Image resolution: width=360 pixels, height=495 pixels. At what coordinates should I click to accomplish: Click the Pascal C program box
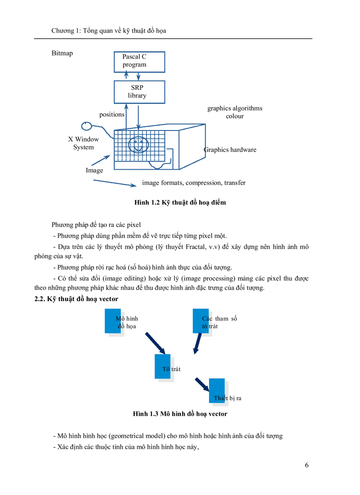[x=139, y=61]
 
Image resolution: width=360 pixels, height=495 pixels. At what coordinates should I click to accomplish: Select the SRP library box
[x=139, y=92]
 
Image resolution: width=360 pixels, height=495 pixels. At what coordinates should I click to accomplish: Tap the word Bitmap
[x=62, y=53]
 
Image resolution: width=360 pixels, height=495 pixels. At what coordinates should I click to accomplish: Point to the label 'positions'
[x=112, y=115]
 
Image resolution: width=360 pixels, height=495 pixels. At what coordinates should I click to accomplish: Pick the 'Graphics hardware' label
[x=230, y=150]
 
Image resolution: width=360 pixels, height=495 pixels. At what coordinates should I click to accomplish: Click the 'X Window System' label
[x=83, y=143]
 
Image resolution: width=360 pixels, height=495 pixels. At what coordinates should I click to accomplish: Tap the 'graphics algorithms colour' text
[x=235, y=112]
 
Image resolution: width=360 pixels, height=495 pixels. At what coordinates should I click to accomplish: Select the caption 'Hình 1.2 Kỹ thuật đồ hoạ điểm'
[x=180, y=203]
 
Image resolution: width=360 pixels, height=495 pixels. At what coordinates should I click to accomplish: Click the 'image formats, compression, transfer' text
[x=194, y=182]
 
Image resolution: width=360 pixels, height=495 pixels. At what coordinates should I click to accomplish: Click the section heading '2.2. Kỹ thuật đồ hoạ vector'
[x=76, y=299]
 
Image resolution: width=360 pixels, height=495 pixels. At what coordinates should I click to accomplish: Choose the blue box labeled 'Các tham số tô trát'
[x=201, y=321]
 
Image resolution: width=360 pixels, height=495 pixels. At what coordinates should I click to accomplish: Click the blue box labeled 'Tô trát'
[x=162, y=366]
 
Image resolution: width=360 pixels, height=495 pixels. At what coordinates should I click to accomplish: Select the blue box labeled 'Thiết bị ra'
[x=217, y=391]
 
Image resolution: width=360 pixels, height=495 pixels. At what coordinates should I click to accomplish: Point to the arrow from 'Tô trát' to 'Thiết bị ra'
[x=202, y=383]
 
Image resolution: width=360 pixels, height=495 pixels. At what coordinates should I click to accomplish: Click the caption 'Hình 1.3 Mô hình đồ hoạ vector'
[x=180, y=414]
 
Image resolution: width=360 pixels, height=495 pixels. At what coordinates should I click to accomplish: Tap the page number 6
[x=307, y=466]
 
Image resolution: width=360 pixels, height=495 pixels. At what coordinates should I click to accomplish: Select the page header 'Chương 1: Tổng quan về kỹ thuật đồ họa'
[x=109, y=31]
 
